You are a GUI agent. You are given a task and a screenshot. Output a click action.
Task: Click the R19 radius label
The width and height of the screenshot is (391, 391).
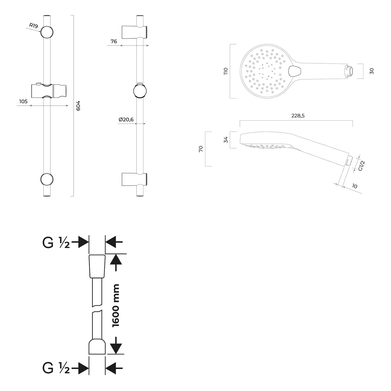tap(34, 26)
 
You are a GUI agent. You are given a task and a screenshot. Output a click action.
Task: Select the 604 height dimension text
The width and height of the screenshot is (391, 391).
tap(78, 106)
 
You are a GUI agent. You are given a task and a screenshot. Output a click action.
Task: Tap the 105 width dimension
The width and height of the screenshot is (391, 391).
tap(23, 101)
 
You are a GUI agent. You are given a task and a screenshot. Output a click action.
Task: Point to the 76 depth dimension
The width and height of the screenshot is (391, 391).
tap(114, 41)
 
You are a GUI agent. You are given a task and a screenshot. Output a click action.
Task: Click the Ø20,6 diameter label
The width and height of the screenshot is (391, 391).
tap(126, 120)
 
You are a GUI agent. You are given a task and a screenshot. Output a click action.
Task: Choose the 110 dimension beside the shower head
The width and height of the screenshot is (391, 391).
tap(226, 71)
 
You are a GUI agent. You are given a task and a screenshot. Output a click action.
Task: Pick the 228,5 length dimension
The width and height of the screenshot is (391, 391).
tap(298, 116)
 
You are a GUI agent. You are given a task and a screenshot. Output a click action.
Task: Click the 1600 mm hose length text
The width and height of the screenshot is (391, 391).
tap(115, 306)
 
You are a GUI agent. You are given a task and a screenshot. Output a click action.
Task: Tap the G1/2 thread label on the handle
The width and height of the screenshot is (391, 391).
tap(362, 166)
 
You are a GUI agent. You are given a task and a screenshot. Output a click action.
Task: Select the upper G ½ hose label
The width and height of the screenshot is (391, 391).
tap(56, 243)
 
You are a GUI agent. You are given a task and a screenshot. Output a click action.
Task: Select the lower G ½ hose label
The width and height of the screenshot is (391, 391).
tap(56, 368)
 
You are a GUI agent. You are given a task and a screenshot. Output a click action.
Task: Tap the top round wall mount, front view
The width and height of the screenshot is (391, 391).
tap(47, 32)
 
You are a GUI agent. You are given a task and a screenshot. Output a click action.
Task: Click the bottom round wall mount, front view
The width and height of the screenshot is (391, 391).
tap(47, 179)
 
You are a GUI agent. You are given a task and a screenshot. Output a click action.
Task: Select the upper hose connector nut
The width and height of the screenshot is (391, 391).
tap(97, 266)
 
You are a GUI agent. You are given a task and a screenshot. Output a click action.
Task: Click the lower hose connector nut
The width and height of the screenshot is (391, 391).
tap(97, 346)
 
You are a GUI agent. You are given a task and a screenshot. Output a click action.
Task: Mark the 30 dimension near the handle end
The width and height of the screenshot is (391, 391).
tap(372, 71)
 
